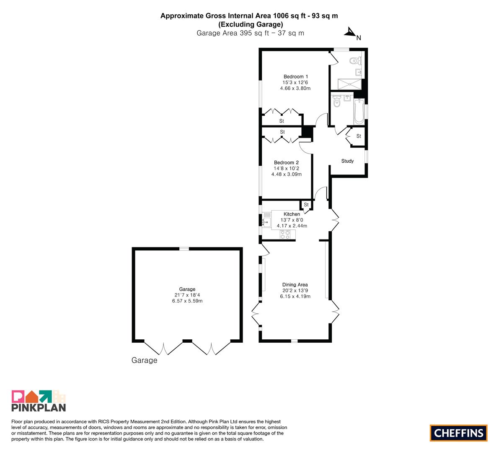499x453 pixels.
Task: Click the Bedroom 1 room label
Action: [x=296, y=76]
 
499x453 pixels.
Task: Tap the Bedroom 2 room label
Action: [x=287, y=162]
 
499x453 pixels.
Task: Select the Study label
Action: [x=347, y=161]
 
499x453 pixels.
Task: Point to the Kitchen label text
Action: [x=292, y=214]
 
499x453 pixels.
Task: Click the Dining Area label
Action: [x=295, y=284]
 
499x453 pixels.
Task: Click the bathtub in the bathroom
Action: [x=359, y=111]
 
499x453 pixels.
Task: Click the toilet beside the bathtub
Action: [x=337, y=101]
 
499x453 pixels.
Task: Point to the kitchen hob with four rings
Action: [x=285, y=234]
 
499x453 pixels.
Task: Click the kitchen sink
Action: [x=266, y=222]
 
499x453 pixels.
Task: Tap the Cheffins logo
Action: [x=459, y=433]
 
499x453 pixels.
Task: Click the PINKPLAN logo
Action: [x=39, y=401]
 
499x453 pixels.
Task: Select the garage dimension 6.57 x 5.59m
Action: [x=187, y=301]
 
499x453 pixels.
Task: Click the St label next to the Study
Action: [x=359, y=136]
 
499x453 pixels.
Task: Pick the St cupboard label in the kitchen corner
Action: [x=306, y=205]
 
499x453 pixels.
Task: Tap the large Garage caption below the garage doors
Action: [x=144, y=360]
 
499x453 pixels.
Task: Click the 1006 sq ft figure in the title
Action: [x=289, y=16]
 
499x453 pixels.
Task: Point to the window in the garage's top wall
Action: [x=184, y=249]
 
